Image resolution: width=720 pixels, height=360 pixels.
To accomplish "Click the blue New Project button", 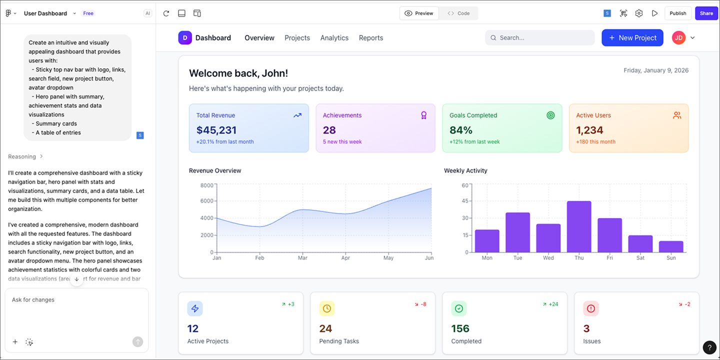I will click(x=632, y=38).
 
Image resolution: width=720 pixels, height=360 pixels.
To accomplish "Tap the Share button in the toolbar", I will click(x=706, y=13).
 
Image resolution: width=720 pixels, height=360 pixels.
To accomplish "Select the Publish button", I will click(x=677, y=13).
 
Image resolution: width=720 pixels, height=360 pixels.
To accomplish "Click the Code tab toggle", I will click(x=458, y=13).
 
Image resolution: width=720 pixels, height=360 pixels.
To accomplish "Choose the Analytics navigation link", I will click(x=334, y=38).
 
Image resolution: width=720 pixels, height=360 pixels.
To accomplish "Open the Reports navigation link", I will click(x=370, y=38).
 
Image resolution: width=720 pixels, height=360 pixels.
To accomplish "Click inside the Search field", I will click(x=540, y=38).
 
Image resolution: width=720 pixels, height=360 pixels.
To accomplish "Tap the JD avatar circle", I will click(x=678, y=38).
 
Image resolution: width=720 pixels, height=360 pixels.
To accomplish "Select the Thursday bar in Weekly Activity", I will click(x=579, y=227).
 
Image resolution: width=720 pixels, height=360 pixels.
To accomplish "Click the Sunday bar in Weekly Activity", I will click(x=671, y=246).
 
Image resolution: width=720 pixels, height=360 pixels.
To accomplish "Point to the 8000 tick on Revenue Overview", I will click(x=206, y=185).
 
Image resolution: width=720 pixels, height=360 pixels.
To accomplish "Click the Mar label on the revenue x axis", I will click(x=302, y=258).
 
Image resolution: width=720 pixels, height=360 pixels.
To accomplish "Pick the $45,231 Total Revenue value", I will click(x=216, y=130).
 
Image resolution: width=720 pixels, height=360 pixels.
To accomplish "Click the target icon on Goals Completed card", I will click(x=550, y=115).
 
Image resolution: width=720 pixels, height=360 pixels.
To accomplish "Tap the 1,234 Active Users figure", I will click(x=589, y=130).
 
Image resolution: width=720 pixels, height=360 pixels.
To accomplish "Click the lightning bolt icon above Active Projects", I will click(x=195, y=309).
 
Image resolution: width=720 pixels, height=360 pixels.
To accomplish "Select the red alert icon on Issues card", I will click(x=591, y=309).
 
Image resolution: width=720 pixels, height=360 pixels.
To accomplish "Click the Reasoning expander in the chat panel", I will click(x=25, y=156).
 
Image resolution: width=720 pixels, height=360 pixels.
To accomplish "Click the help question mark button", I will click(x=709, y=347).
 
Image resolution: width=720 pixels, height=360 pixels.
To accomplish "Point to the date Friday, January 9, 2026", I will click(x=656, y=70).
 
